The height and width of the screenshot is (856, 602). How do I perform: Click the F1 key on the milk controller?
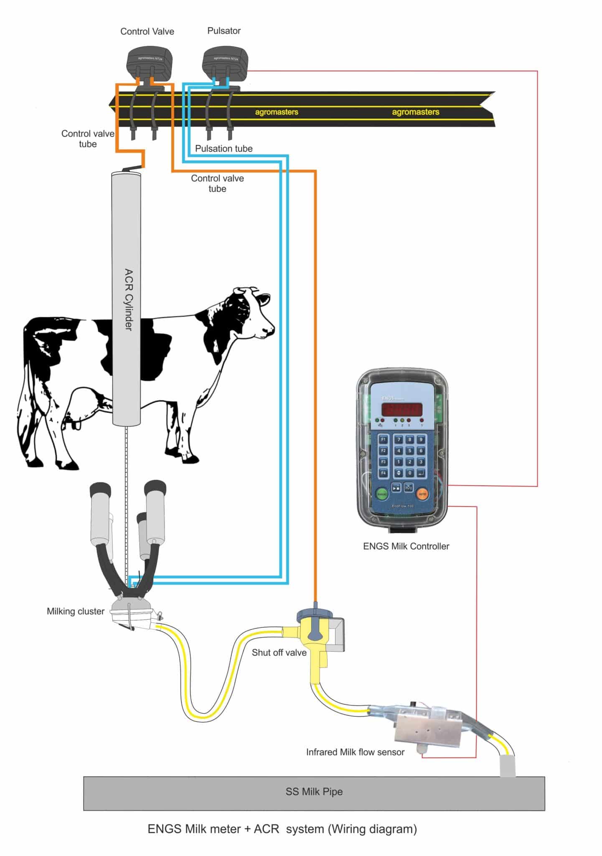[x=383, y=439]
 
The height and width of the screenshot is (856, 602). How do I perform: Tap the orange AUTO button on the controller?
[x=422, y=494]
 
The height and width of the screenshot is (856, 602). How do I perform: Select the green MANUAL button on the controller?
[x=382, y=494]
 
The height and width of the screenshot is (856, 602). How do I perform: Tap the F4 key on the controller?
[x=383, y=473]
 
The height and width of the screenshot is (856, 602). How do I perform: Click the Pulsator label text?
[x=224, y=31]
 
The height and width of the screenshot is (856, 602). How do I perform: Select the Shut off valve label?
[x=279, y=652]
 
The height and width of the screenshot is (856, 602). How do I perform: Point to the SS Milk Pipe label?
[x=314, y=792]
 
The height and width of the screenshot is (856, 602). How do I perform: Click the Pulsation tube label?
[x=224, y=148]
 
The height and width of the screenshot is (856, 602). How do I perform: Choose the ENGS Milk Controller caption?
[x=406, y=546]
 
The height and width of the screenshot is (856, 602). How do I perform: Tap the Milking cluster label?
[x=75, y=611]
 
